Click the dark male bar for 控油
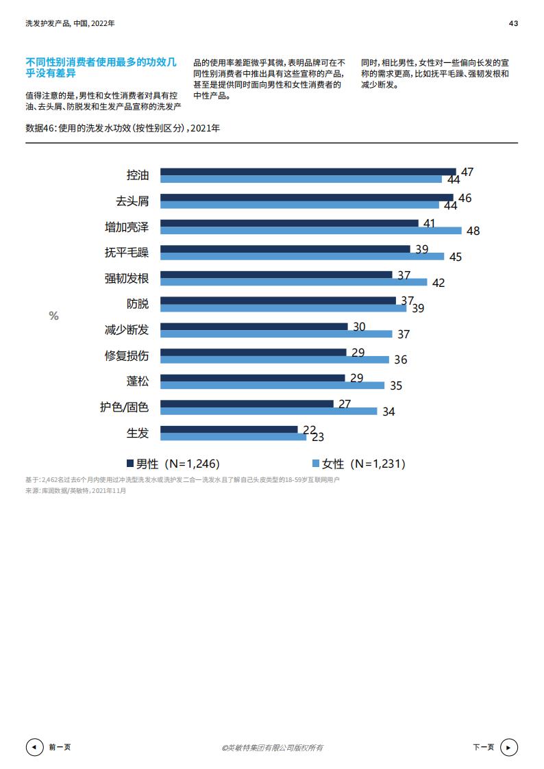308,171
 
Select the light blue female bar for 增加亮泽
310,231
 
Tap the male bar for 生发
229,429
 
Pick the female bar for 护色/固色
268,411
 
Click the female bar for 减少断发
275,333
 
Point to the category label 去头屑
132,201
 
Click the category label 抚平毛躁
126,253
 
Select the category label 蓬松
137,381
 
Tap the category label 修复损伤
126,355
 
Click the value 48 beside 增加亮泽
473,231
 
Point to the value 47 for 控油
467,172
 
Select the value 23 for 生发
318,437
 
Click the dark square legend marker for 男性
129,463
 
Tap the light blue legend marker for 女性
316,463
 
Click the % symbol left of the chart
53,316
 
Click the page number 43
513,23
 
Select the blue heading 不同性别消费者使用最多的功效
101,67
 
